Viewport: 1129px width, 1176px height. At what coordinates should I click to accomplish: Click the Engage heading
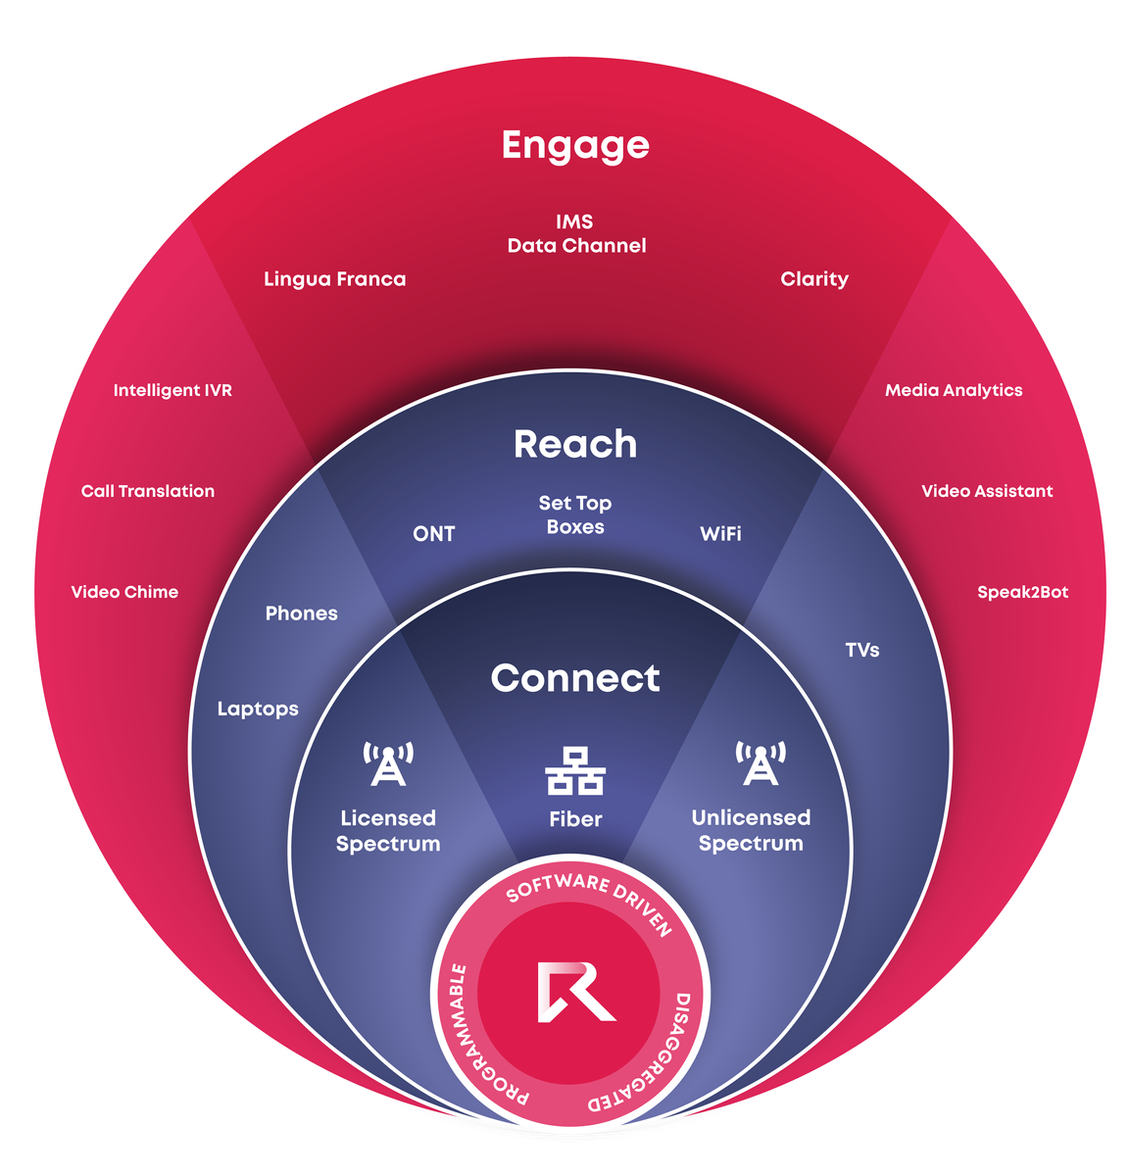point(575,145)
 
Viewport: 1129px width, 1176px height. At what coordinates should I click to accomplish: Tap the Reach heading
point(575,444)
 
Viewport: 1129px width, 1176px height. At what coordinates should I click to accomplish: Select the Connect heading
point(575,678)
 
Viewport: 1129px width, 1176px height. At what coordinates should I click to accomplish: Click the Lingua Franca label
point(334,279)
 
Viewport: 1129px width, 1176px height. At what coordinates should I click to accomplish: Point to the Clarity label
point(814,279)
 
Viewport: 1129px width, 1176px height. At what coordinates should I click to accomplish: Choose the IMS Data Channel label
point(576,233)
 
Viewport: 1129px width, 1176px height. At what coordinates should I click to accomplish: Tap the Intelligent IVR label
point(172,390)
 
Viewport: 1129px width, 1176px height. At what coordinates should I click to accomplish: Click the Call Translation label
point(148,491)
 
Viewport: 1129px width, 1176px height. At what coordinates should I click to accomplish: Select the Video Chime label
point(124,592)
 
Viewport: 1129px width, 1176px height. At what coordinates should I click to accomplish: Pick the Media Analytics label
point(954,390)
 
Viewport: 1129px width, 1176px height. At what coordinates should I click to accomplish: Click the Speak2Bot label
point(1022,592)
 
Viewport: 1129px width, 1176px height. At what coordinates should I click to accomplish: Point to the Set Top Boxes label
point(575,514)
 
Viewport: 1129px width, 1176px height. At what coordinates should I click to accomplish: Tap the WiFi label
point(720,534)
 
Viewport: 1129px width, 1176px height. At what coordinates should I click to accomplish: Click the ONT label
point(433,534)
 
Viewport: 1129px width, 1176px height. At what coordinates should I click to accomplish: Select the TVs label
point(862,650)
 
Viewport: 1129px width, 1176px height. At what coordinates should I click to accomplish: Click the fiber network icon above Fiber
point(575,770)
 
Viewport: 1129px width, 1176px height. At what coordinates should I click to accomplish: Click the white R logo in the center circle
point(574,993)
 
